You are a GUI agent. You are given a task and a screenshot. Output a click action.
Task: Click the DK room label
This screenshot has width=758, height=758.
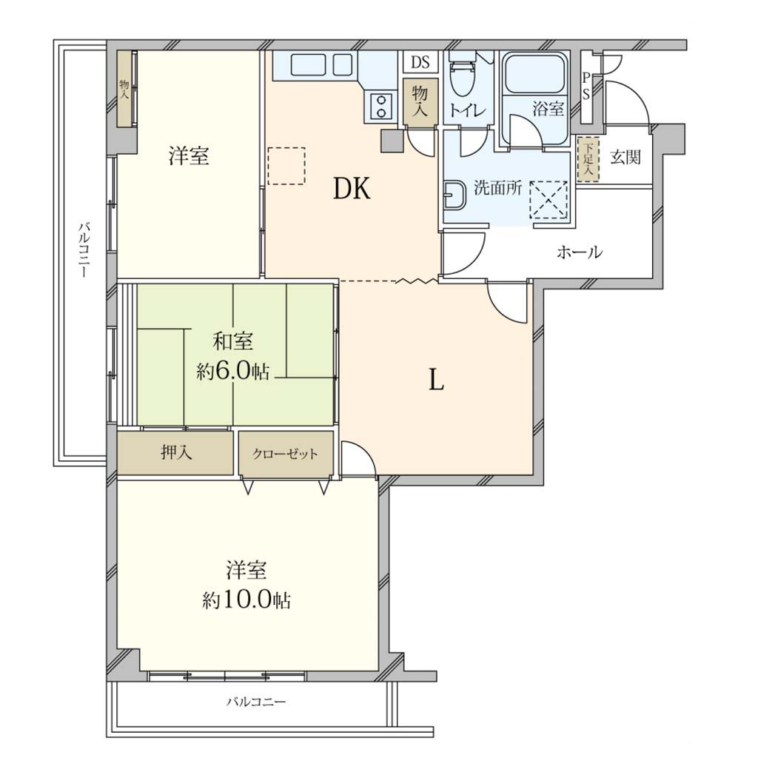[352, 189]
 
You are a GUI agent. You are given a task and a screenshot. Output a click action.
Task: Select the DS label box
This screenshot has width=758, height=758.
[420, 62]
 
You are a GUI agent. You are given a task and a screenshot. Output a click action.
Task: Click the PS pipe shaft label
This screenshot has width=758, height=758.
[586, 87]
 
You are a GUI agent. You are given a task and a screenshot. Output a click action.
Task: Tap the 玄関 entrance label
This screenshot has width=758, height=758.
[625, 157]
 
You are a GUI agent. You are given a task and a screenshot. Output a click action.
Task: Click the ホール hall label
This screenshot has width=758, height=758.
[580, 252]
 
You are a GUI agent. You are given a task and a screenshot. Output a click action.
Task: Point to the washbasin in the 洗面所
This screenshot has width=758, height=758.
[453, 195]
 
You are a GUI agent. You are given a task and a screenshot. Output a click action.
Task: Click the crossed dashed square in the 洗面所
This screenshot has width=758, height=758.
[549, 200]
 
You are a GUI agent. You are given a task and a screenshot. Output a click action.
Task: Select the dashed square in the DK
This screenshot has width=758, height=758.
[286, 166]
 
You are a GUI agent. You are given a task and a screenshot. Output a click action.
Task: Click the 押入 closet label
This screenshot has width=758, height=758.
[176, 453]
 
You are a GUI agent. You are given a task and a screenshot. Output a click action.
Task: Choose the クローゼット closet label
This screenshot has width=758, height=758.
[285, 454]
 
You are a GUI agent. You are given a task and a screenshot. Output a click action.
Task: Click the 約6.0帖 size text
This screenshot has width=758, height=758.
[232, 372]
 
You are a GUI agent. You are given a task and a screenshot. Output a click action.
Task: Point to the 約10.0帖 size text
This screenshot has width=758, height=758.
[246, 600]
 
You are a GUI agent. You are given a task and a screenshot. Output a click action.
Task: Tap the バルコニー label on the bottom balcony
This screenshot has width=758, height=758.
[256, 702]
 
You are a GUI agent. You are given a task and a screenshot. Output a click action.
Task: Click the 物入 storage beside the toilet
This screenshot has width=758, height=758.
[420, 101]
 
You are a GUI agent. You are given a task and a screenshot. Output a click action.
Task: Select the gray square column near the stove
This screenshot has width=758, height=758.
[392, 141]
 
